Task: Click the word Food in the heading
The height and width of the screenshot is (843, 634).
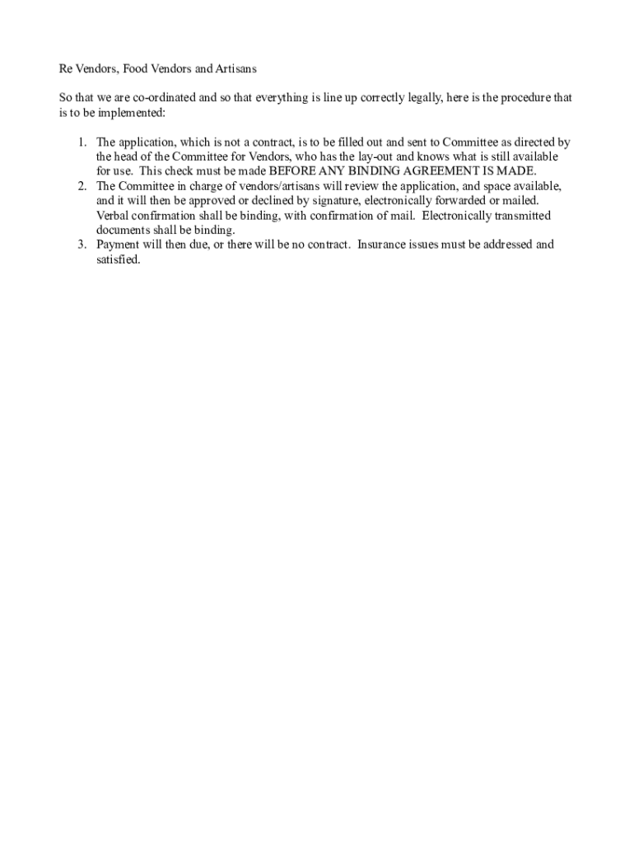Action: [x=138, y=69]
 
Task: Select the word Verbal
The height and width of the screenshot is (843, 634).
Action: [x=114, y=216]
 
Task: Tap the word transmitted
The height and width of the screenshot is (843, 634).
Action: [x=519, y=216]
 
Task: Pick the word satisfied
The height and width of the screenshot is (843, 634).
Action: [x=119, y=259]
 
